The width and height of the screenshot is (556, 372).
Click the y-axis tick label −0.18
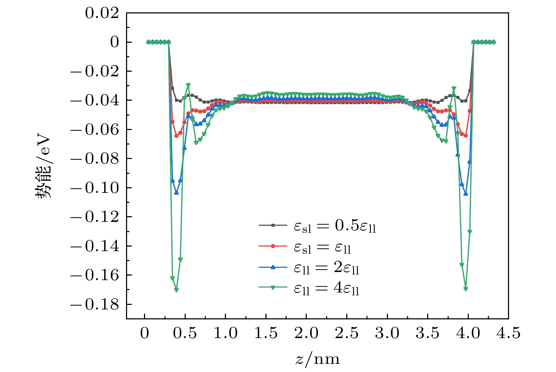click(x=94, y=305)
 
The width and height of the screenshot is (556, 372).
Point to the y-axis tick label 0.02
click(x=102, y=13)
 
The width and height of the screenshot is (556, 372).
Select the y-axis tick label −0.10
click(x=94, y=188)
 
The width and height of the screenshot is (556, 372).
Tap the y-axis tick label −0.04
click(x=94, y=101)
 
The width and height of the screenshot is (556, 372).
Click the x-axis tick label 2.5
click(x=347, y=333)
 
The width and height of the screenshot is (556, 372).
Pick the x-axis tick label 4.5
click(x=508, y=333)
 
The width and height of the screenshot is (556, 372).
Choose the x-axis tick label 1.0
click(x=226, y=333)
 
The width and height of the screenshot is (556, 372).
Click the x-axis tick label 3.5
click(x=428, y=333)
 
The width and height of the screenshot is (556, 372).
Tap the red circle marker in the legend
click(x=273, y=247)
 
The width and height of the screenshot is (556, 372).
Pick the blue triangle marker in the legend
click(x=273, y=267)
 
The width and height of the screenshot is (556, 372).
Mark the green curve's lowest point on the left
click(x=176, y=290)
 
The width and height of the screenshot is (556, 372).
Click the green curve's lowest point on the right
click(x=466, y=289)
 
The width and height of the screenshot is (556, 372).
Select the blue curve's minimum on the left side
click(x=176, y=193)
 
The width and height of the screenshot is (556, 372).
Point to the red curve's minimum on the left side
click(x=176, y=136)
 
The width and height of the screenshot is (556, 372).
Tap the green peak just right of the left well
click(x=188, y=85)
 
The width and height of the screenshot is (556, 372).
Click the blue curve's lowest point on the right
click(x=466, y=194)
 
